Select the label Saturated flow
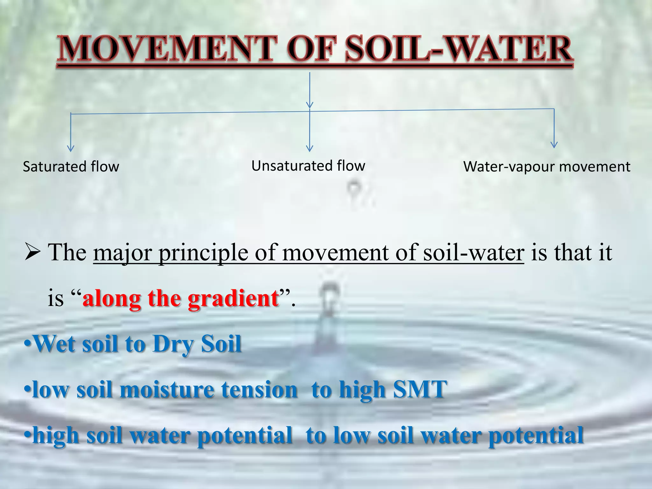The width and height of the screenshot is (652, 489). coord(71,167)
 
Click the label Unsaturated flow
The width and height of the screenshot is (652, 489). coord(308,166)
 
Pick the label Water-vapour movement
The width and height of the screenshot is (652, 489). coord(547,167)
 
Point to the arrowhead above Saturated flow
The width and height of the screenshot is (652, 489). coord(71,149)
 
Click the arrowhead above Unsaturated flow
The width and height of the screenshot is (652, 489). coord(309,148)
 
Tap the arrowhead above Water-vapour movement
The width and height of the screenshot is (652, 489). coord(554,145)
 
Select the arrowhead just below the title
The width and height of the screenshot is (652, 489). coord(309,105)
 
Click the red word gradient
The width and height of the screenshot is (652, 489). coord(233,298)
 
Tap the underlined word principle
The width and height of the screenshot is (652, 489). coord(203,253)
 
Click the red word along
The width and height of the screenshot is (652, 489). coord(111,298)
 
